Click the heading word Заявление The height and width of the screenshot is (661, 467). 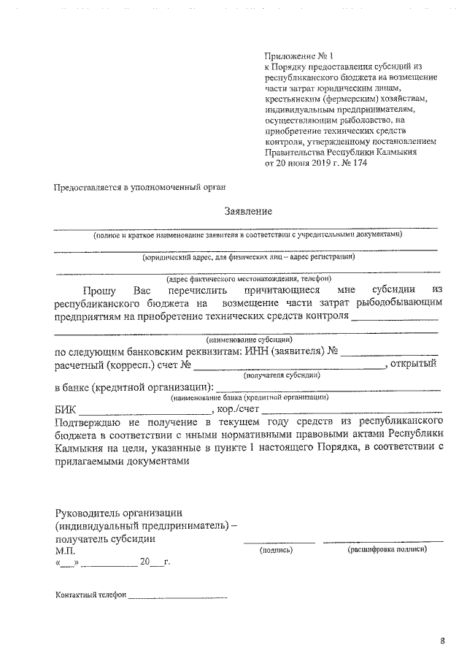(x=248, y=212)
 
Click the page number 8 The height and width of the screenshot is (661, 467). (x=442, y=641)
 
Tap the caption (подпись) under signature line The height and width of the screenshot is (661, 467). (x=276, y=549)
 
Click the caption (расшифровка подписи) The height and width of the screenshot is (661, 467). (x=387, y=549)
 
